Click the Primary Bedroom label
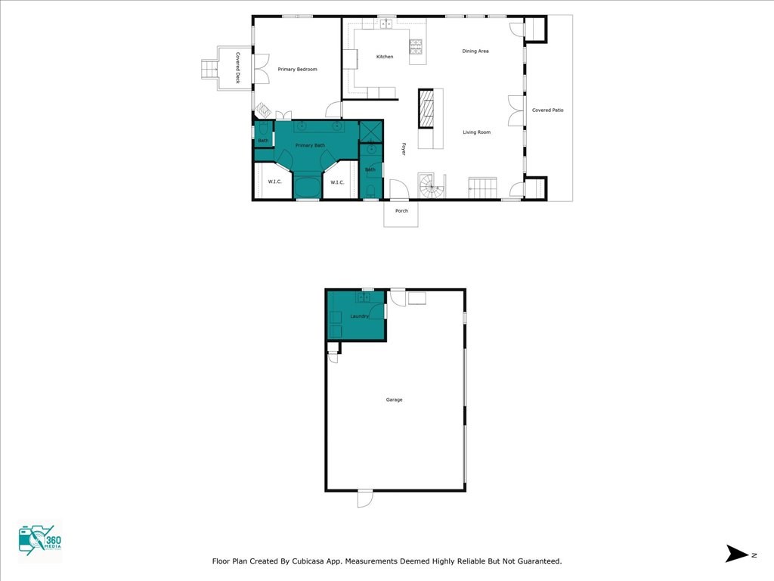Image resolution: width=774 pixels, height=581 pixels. [x=297, y=69]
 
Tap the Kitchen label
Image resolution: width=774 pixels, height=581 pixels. [x=385, y=57]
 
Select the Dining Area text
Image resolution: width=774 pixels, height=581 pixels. [x=475, y=51]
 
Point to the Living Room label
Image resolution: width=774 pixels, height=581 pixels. [x=476, y=132]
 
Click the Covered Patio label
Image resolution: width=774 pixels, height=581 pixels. [x=547, y=110]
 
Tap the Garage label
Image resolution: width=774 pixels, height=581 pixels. [x=394, y=399]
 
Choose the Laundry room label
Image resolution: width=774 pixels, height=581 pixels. [x=359, y=316]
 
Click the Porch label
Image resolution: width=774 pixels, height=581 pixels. [x=401, y=211]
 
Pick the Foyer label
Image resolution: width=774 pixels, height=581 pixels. [x=404, y=149]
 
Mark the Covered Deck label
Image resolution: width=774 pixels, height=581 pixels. [x=237, y=68]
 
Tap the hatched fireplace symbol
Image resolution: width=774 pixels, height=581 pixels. [x=426, y=109]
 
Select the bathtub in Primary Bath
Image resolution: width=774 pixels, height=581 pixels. [x=308, y=187]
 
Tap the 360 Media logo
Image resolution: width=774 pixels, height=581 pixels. [x=40, y=540]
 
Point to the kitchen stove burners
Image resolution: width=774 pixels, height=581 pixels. [x=416, y=46]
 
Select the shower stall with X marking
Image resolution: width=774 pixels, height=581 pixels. [x=371, y=131]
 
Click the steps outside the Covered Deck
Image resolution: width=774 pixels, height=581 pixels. [x=209, y=69]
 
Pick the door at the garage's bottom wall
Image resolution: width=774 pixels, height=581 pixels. [x=365, y=498]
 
